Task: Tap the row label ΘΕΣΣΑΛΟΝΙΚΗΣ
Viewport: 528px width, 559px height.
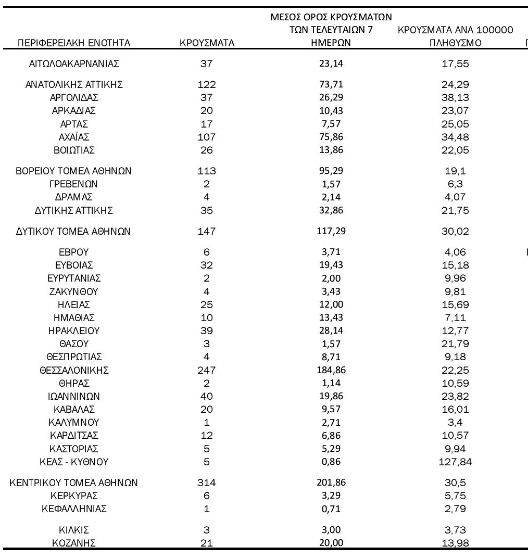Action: pyautogui.click(x=74, y=371)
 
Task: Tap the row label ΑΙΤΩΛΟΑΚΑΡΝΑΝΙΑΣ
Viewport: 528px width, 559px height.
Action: pyautogui.click(x=74, y=64)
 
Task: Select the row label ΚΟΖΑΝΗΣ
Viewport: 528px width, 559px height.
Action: pyautogui.click(x=74, y=540)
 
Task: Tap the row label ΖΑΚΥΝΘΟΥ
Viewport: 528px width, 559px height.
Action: pyautogui.click(x=74, y=292)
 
